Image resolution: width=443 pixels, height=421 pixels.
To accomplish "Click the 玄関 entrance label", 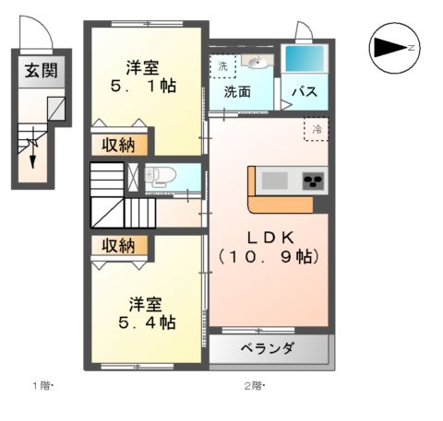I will coord(38,71).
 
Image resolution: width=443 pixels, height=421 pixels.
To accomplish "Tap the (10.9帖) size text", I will coord(267,258).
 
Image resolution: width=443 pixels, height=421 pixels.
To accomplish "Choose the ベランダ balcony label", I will coord(268,349).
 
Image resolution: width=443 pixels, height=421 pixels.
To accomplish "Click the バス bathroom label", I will coord(305,92).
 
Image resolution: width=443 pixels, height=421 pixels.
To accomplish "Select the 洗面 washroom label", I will coord(237,92).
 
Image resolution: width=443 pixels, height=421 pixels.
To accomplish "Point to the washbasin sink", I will coord(256,63).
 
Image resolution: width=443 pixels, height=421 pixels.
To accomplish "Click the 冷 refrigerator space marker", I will coord(316,128).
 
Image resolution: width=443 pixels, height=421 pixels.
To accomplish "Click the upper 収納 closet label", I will coord(117,144).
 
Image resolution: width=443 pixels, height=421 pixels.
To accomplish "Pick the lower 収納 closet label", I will coord(117,245).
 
